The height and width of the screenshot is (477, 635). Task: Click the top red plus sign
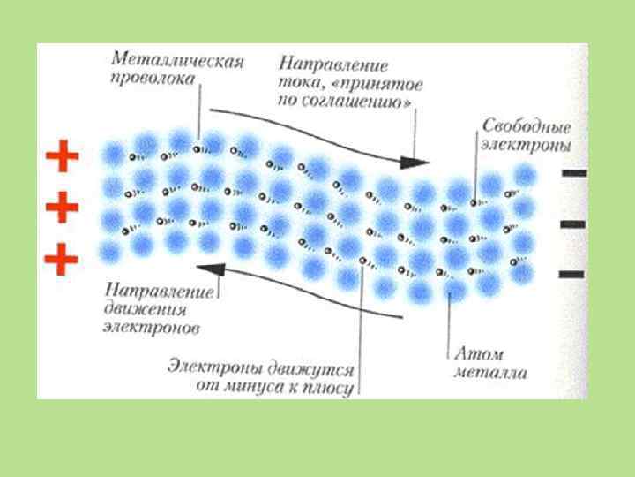click(x=62, y=159)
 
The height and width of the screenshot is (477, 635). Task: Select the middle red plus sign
click(x=62, y=209)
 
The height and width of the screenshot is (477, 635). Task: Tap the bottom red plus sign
click(x=62, y=259)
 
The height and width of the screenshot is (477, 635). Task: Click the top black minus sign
click(x=572, y=174)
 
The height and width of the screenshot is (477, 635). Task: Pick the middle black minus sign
click(x=572, y=224)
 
